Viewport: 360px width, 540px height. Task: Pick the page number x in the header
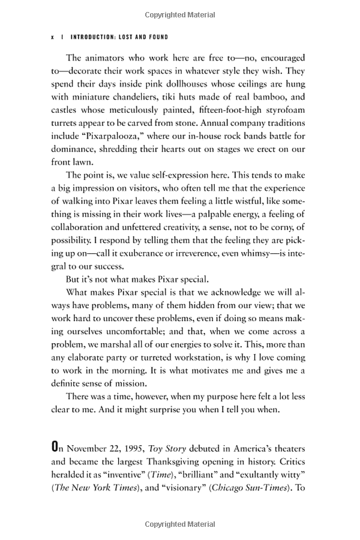(x=53, y=37)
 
